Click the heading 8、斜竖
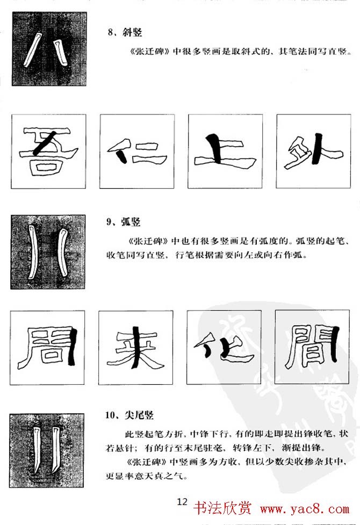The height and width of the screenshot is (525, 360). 125,33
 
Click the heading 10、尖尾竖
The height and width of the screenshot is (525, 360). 129,415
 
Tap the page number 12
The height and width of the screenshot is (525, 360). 182,502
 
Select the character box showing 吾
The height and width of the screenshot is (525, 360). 48,152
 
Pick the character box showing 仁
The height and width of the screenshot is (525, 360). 136,152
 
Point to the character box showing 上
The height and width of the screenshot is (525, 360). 225,152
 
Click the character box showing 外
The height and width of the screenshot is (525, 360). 313,152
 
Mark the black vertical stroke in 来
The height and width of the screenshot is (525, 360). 136,349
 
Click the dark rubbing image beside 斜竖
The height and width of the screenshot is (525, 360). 41,49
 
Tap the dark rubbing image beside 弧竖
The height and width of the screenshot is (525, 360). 41,251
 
